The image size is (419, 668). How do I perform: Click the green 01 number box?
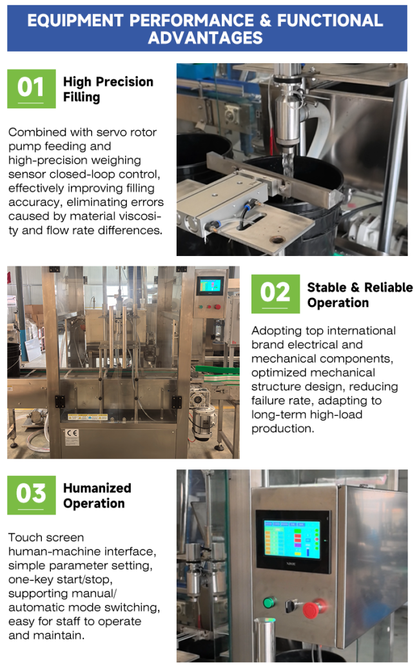point(32,88)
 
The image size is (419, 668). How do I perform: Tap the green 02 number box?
point(275,294)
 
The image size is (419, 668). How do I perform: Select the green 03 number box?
point(32,495)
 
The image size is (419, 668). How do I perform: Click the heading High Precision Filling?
point(108,89)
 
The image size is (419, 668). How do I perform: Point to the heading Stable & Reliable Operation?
point(360,295)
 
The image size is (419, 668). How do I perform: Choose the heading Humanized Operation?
point(97,495)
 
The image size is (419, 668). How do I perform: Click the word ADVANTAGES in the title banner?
point(205,38)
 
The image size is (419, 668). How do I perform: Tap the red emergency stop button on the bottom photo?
point(315,608)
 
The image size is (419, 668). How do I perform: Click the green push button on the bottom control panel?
point(269,602)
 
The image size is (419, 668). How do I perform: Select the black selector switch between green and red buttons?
point(291,605)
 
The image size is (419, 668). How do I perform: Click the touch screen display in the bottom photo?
point(292,539)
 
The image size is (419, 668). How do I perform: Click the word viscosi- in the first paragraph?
point(136,216)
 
